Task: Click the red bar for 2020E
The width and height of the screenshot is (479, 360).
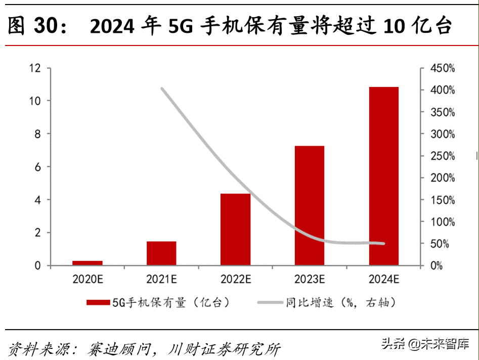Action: click(x=88, y=263)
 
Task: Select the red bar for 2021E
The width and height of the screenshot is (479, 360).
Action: click(x=161, y=253)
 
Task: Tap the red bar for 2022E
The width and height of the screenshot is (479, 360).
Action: click(x=235, y=230)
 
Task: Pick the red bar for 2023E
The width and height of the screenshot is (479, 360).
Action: click(x=310, y=206)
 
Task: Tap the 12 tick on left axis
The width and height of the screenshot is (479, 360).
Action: click(x=34, y=68)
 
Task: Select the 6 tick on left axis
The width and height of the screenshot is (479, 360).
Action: click(x=37, y=167)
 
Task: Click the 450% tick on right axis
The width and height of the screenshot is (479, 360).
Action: click(x=443, y=68)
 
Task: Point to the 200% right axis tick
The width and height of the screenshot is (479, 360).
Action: click(x=443, y=178)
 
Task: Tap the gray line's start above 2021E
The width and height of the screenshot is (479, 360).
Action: click(x=162, y=89)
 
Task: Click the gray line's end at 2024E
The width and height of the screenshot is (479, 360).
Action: click(x=383, y=244)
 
